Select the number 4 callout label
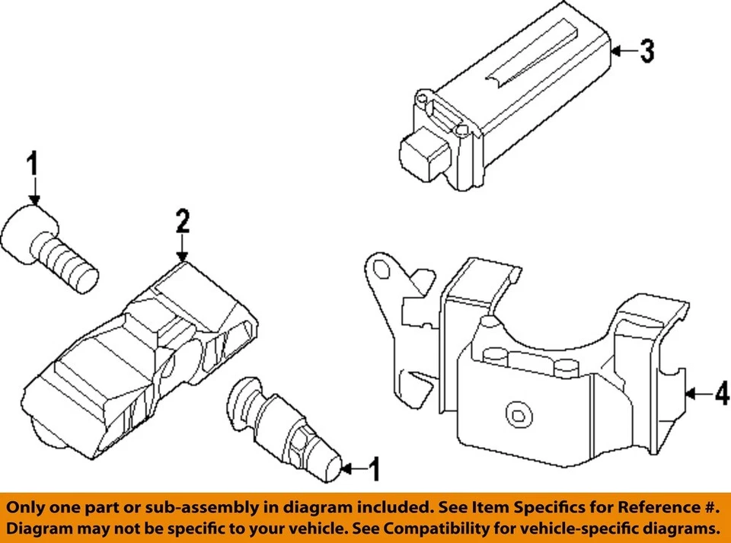point(720,394)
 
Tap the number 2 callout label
point(182,222)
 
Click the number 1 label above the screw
point(33,164)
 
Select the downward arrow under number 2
point(182,249)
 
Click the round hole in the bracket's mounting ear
point(380,270)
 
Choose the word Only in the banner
point(29,507)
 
